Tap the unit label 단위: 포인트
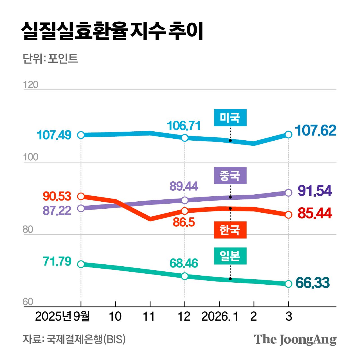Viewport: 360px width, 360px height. pos(50,59)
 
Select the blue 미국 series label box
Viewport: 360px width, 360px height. pos(230,118)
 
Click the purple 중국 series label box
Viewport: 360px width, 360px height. pos(230,175)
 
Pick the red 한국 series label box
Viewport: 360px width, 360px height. pos(230,230)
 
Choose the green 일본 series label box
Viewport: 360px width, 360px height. pos(230,256)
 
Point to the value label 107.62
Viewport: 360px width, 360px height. pos(315,131)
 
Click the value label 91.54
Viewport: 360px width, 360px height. pos(315,191)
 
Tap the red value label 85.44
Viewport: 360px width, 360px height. pos(315,213)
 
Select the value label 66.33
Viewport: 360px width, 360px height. pos(312,283)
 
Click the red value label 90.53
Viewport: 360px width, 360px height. pos(57,196)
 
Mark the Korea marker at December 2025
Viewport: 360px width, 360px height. pos(184,211)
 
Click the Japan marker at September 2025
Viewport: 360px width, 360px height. pos(81,264)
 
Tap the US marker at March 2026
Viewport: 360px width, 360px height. pos(288,134)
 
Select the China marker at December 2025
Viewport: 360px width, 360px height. pos(184,200)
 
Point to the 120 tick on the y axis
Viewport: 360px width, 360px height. pos(30,85)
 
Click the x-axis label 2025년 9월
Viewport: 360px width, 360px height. pos(62,316)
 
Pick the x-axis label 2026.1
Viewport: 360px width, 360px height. pos(220,316)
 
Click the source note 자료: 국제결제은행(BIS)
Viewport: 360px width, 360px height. pos(74,339)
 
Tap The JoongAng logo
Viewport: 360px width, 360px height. pos(295,339)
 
